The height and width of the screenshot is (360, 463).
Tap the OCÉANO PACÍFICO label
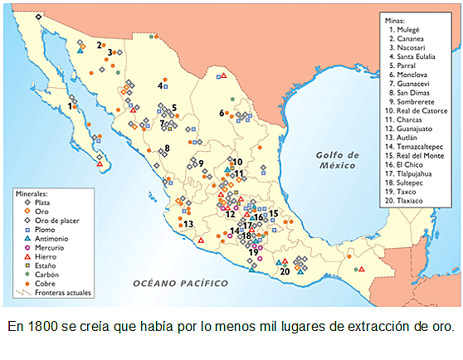click(x=181, y=284)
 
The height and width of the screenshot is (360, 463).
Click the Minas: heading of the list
click(x=397, y=18)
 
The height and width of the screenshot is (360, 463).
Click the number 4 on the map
click(x=159, y=85)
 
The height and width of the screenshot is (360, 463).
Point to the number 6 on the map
click(x=222, y=112)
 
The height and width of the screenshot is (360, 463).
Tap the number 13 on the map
click(x=188, y=224)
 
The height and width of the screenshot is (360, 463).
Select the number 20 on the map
click(x=285, y=270)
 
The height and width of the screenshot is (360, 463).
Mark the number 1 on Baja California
click(x=71, y=106)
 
